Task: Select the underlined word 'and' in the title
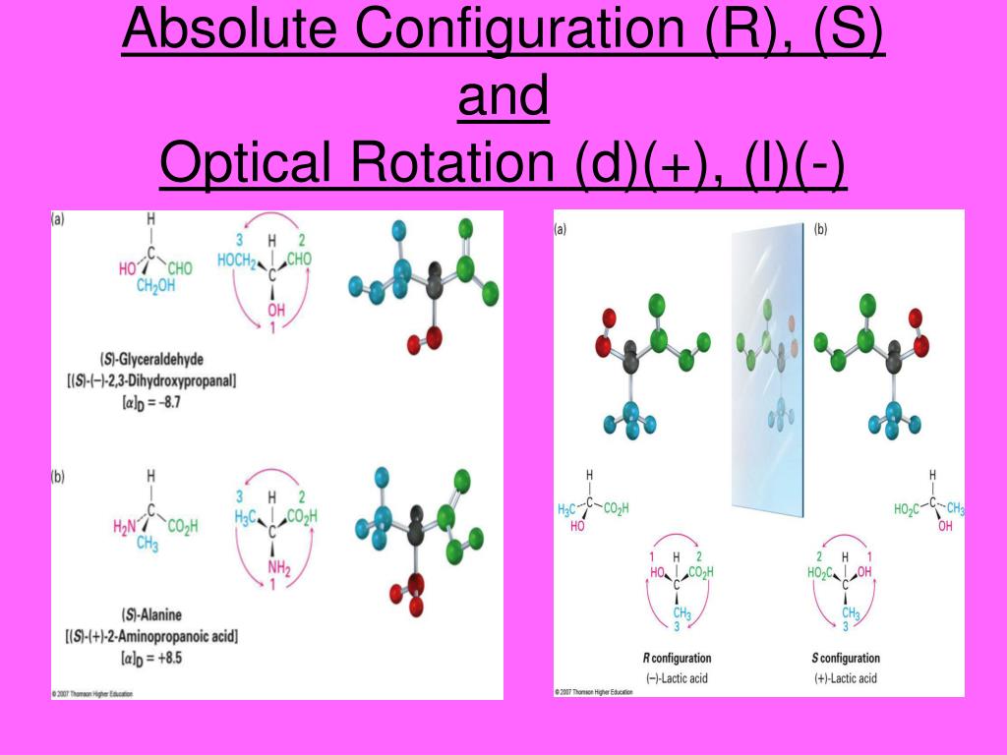click(x=503, y=98)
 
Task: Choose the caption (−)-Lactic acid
click(x=678, y=678)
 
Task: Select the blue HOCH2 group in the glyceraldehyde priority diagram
click(x=236, y=261)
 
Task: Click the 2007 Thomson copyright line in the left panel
click(x=92, y=693)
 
